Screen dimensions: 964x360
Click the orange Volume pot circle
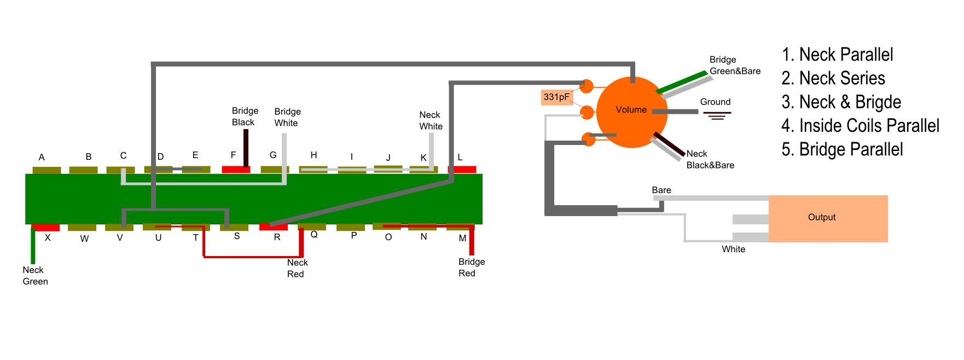click(632, 112)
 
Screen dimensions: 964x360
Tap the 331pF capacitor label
click(556, 97)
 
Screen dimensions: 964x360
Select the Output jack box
click(828, 219)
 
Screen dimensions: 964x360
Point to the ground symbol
click(717, 115)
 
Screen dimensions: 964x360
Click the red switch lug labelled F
click(236, 170)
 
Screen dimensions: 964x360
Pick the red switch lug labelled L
click(462, 170)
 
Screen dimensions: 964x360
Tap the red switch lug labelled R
click(274, 227)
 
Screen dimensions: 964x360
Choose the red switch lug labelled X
click(45, 228)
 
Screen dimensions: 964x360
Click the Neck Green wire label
click(35, 276)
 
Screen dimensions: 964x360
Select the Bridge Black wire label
click(245, 117)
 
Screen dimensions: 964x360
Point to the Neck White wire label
click(431, 120)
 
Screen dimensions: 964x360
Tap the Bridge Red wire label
click(472, 268)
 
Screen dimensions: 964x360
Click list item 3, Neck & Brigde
click(841, 102)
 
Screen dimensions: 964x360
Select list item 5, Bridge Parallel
click(842, 149)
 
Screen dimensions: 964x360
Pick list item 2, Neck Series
click(833, 78)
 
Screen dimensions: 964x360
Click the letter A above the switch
click(42, 158)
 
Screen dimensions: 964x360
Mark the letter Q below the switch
click(314, 235)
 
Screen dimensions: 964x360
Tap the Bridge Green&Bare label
click(735, 65)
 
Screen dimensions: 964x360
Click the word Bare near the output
click(661, 190)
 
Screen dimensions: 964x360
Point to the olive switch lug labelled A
click(47, 170)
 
